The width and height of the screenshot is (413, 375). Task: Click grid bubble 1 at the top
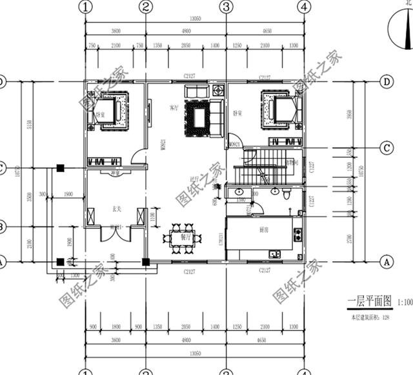coord(86,6)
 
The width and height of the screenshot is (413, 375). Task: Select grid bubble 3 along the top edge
coord(226,6)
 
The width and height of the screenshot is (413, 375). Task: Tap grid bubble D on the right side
coord(387,82)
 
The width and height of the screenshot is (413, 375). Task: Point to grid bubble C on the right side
coord(387,148)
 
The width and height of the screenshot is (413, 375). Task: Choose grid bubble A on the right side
coord(387,262)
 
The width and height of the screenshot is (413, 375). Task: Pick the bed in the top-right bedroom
coord(282,109)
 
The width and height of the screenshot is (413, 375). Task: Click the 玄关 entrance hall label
coord(116,209)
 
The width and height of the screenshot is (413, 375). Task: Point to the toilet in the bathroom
coord(276,192)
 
